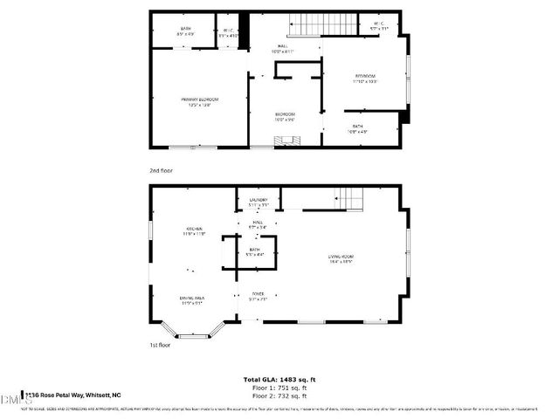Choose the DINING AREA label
(x=191, y=301)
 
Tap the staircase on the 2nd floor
(x=309, y=25)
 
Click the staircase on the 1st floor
(x=349, y=198)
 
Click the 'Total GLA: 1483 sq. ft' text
(x=279, y=380)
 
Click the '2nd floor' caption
(x=161, y=171)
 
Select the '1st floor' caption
(x=160, y=345)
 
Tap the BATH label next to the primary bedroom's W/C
(x=185, y=32)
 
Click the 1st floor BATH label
(x=254, y=252)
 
